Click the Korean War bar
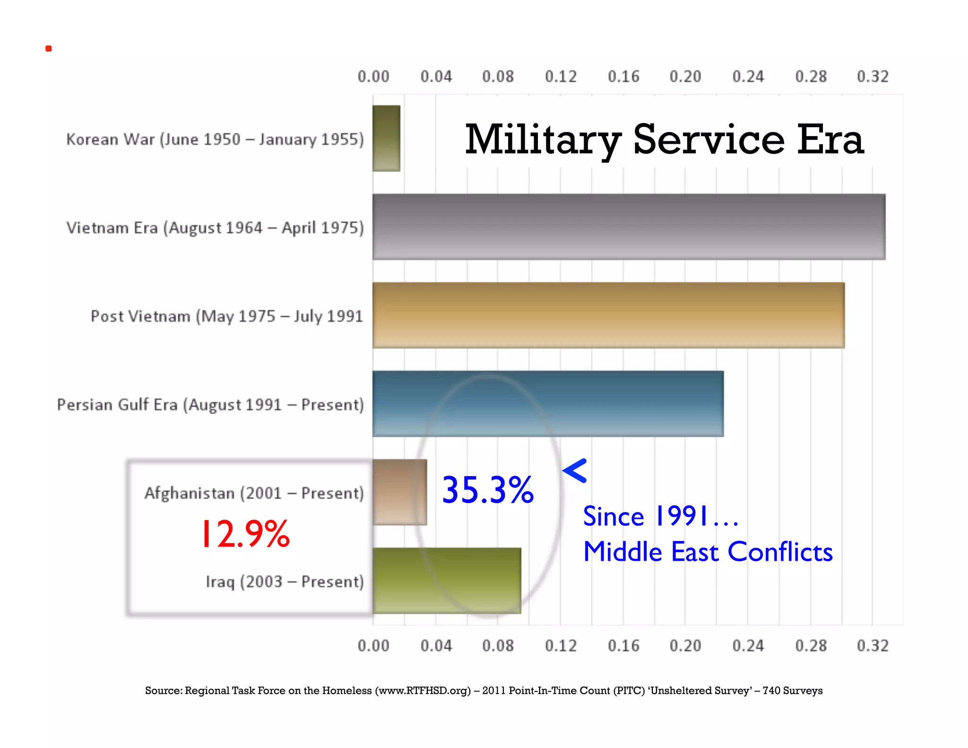(386, 138)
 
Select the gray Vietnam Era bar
(629, 226)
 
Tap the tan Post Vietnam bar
(608, 315)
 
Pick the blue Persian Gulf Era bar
(548, 403)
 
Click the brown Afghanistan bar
(399, 492)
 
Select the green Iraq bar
(447, 580)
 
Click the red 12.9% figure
(245, 534)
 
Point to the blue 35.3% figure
(487, 490)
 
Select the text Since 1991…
(660, 516)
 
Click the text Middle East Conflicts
(708, 552)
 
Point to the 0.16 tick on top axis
(623, 77)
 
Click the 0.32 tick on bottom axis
(873, 645)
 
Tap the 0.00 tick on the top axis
(373, 77)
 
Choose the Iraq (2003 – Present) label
(285, 582)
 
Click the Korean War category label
(215, 139)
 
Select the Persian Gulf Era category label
(210, 405)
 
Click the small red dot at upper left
(49, 49)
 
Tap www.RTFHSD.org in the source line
(423, 690)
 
